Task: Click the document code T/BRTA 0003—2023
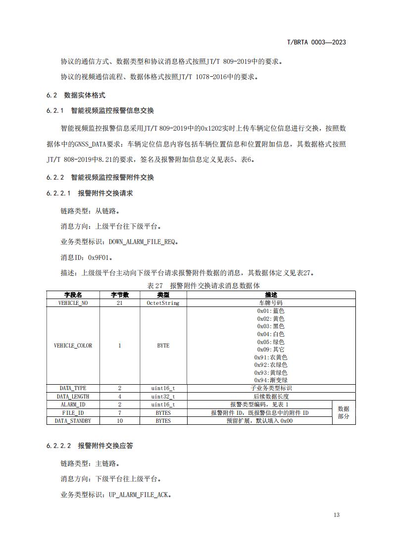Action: pos(316,42)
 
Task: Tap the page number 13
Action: pos(337,515)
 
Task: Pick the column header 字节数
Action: pos(119,295)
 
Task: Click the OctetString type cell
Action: pos(163,303)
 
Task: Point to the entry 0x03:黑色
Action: pos(271,326)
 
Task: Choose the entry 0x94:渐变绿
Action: pos(271,380)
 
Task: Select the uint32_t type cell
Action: pos(163,397)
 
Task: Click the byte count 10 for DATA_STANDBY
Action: pos(119,420)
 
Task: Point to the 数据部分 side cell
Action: pos(344,412)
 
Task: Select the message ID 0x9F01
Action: pos(100,257)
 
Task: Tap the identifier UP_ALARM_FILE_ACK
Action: pos(140,494)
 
